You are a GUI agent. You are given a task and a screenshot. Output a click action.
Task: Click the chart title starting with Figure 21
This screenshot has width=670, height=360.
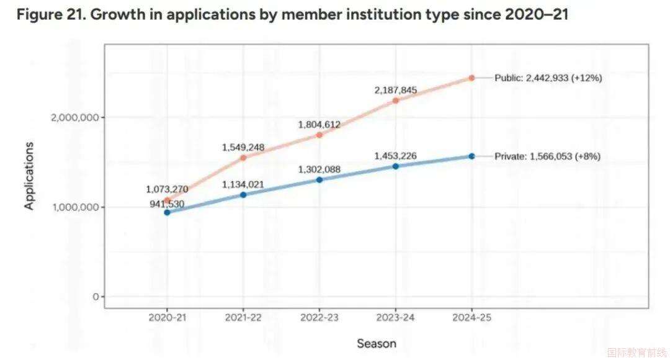click(x=292, y=15)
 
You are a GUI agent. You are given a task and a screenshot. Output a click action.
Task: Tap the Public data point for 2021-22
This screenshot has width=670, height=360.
click(x=243, y=158)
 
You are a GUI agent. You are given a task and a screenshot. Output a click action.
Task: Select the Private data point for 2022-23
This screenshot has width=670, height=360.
click(x=319, y=180)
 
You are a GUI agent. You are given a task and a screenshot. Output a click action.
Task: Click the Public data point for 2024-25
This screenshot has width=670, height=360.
click(x=471, y=78)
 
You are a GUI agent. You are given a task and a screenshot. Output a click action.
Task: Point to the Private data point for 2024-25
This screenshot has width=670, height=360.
click(x=471, y=156)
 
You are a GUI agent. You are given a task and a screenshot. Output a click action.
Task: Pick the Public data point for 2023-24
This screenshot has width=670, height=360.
click(x=396, y=101)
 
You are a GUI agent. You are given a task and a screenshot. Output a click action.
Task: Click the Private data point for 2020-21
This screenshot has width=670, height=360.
click(x=167, y=212)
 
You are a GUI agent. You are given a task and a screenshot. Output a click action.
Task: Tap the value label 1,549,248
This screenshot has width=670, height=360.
click(x=243, y=148)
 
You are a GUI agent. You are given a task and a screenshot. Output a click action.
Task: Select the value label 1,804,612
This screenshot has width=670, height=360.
click(x=319, y=125)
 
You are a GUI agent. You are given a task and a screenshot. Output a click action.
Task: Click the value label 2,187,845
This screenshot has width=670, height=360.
click(x=396, y=91)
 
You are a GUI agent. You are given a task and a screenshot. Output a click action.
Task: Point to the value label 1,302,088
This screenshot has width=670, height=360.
click(x=319, y=169)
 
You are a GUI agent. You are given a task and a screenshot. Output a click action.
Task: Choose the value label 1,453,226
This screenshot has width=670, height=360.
click(x=396, y=156)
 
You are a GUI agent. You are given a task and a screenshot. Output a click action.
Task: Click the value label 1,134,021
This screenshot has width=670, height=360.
click(x=243, y=184)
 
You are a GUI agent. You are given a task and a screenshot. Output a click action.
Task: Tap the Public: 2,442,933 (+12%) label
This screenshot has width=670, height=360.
click(x=548, y=78)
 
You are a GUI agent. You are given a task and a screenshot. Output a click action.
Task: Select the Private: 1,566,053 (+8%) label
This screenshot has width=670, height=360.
click(x=547, y=157)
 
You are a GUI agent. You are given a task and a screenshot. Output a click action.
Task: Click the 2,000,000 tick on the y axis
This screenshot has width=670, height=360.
click(x=73, y=117)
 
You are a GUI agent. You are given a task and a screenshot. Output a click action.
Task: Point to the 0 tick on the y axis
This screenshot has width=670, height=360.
click(x=96, y=297)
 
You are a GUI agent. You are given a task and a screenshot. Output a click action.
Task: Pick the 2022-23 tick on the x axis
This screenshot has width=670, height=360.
click(x=319, y=317)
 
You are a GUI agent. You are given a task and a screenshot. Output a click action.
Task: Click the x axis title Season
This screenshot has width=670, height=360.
click(x=376, y=343)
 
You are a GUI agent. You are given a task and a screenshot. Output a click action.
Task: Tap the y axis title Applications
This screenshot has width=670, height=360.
click(x=29, y=176)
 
